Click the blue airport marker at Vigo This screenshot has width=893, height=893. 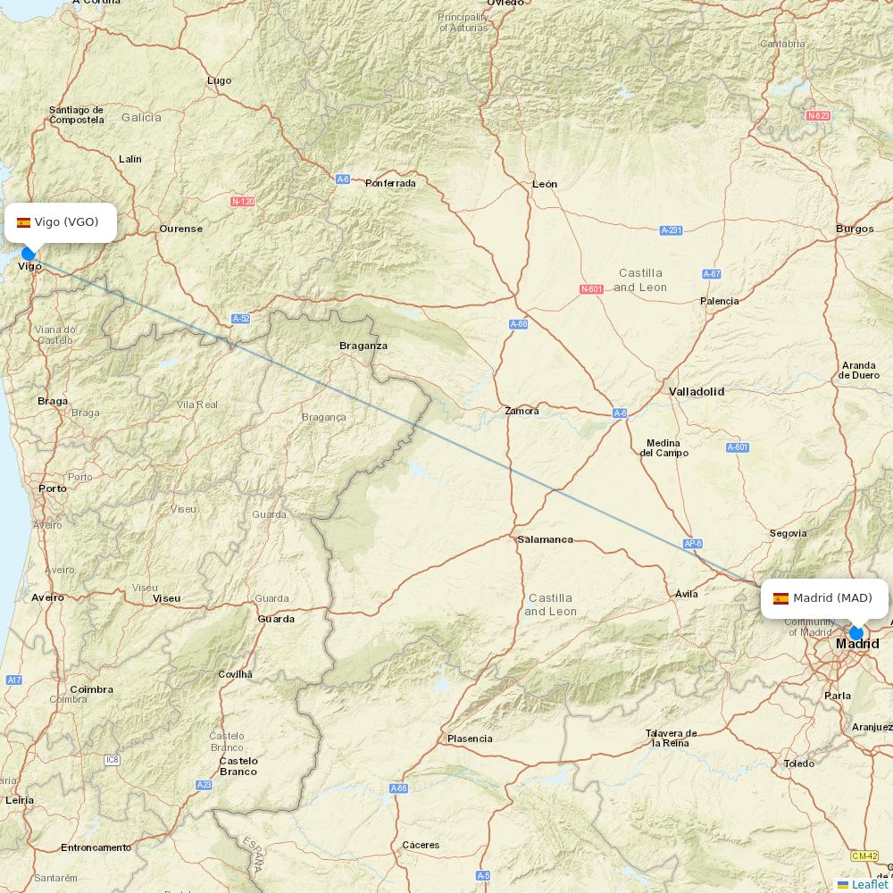click(29, 254)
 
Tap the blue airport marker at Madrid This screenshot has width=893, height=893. click(856, 633)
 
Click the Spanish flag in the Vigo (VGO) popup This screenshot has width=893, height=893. click(23, 222)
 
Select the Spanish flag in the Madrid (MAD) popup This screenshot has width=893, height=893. click(780, 598)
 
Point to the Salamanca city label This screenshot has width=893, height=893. click(545, 539)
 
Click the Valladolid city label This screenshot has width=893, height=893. click(697, 391)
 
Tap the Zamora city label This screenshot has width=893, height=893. click(522, 411)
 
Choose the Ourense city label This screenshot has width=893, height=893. click(180, 229)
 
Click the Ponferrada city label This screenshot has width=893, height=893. click(390, 183)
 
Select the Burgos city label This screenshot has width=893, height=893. click(855, 229)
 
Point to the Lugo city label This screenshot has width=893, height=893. click(219, 80)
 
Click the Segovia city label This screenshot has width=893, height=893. click(789, 533)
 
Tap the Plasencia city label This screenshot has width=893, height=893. click(470, 739)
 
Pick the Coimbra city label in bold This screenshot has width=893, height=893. click(91, 689)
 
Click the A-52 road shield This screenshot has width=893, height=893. click(240, 319)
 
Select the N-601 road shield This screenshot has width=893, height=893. click(591, 288)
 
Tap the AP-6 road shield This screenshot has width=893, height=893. click(692, 543)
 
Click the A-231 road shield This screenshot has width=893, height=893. click(671, 230)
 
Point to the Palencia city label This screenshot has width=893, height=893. click(719, 301)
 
